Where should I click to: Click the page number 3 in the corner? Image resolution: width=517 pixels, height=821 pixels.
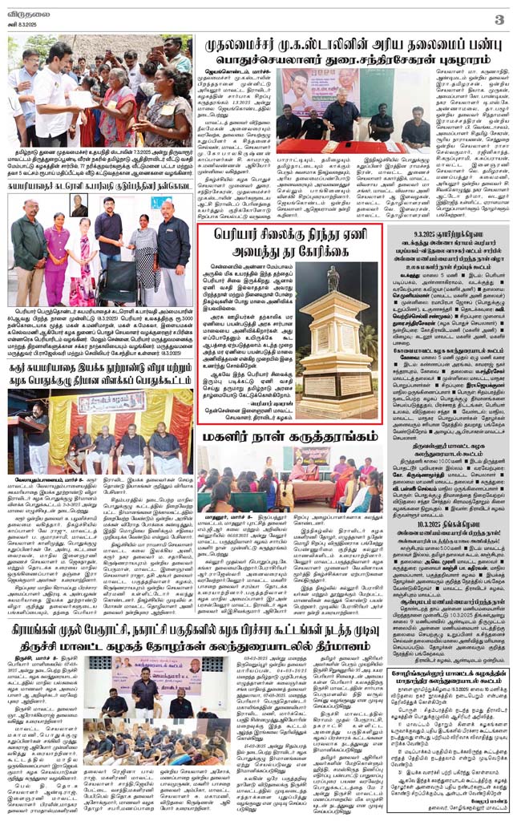click(499, 18)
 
